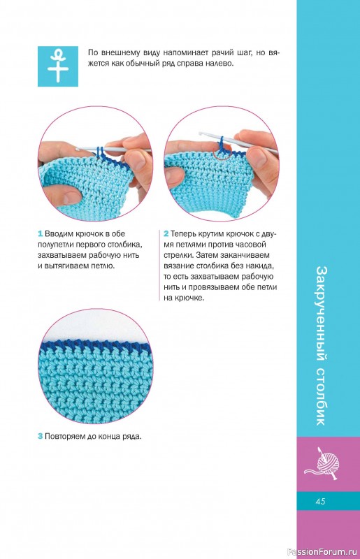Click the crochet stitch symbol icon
(58, 66)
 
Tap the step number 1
(41, 234)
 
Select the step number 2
(166, 234)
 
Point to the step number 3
(41, 436)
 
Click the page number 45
(320, 501)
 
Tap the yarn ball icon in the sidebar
(323, 463)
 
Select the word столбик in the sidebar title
(321, 395)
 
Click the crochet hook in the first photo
(114, 150)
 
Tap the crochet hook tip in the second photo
(201, 133)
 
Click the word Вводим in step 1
(59, 234)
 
